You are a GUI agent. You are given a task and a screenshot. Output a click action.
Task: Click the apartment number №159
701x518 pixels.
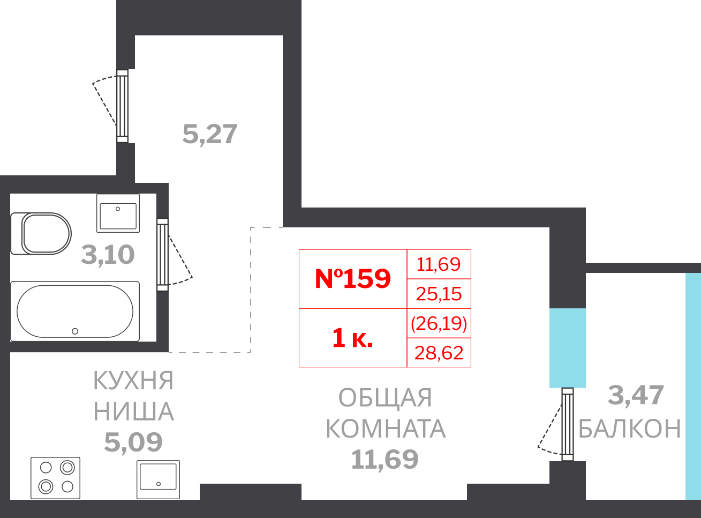(x=353, y=278)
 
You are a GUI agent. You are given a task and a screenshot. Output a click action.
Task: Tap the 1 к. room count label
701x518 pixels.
(x=352, y=338)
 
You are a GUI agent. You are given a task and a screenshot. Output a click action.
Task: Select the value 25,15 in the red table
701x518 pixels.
(x=439, y=294)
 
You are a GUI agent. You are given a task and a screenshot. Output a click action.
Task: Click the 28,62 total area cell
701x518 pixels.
(x=439, y=353)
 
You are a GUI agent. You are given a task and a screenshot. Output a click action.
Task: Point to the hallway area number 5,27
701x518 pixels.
(x=209, y=134)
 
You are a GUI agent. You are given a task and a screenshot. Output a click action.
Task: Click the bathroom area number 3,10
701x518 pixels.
(x=108, y=255)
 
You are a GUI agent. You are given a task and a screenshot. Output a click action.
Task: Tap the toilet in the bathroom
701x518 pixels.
(x=42, y=234)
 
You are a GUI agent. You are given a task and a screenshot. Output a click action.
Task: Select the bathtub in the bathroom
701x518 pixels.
(x=75, y=312)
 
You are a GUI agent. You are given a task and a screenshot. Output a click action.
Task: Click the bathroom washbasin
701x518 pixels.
(x=118, y=213)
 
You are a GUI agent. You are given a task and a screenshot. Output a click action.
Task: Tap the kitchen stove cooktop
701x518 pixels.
(x=56, y=477)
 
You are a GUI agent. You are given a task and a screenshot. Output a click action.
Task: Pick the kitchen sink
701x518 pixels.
(x=158, y=479)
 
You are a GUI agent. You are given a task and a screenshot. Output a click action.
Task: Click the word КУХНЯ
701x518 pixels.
(x=133, y=381)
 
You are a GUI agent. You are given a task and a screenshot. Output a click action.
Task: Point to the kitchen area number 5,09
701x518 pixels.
(x=133, y=442)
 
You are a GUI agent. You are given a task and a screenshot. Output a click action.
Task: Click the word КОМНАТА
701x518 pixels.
(x=386, y=429)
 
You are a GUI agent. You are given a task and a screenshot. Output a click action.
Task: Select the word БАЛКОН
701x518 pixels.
(x=630, y=429)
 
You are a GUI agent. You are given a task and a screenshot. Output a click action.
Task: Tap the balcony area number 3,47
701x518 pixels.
(x=636, y=396)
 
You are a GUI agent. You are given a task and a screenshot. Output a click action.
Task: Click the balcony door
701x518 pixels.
(x=567, y=424)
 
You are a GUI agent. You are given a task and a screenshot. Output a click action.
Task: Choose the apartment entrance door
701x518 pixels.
(x=122, y=106)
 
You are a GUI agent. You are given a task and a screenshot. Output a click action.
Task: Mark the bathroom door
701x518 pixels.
(x=162, y=255)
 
